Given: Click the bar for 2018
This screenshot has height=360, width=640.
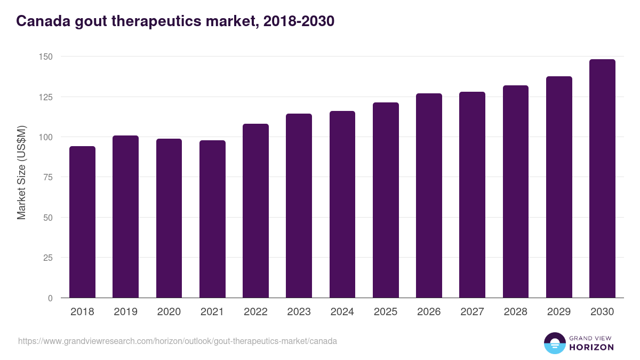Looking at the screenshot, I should point(82,222).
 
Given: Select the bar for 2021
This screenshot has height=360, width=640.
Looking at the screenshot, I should point(212,219).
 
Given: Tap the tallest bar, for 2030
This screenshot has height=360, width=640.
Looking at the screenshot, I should point(602,179).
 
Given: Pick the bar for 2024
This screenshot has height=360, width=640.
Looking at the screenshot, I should point(342,204).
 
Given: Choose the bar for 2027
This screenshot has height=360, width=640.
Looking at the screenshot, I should point(472,195).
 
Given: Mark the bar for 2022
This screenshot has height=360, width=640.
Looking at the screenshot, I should point(255,211).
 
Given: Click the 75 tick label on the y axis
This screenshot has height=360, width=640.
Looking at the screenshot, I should point(47,177).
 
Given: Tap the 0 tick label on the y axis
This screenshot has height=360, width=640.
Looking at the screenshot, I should point(50,298).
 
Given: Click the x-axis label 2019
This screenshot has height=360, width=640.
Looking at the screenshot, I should point(125,312).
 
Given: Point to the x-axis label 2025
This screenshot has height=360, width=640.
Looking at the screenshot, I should point(386,312).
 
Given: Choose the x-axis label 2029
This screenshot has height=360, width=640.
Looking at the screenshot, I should point(559,312).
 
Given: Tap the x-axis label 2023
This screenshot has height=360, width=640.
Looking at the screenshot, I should point(299,312).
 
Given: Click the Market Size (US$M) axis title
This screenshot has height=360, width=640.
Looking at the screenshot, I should point(21,173).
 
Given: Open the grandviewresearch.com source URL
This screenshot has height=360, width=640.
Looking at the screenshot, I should point(178,341).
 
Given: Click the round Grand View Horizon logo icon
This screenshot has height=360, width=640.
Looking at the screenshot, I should point(555,343).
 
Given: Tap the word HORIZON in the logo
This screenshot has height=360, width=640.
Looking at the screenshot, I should point(591,347).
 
